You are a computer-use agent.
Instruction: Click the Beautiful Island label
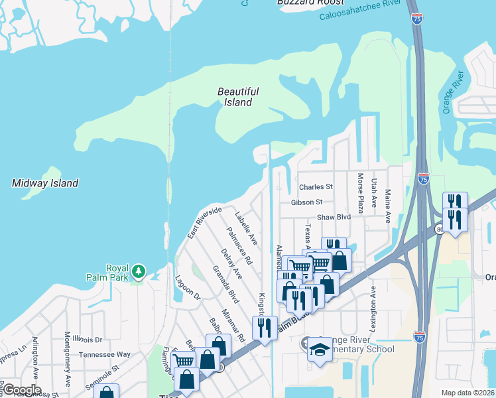point(238,97)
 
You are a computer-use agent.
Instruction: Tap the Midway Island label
point(45,183)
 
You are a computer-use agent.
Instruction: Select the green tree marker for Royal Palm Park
point(138,271)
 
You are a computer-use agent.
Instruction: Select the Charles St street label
point(316,187)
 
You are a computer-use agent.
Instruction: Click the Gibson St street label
point(306,202)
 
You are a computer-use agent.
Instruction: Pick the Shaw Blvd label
point(333,217)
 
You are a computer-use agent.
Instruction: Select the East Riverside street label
point(204,223)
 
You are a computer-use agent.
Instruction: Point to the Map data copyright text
point(468,393)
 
